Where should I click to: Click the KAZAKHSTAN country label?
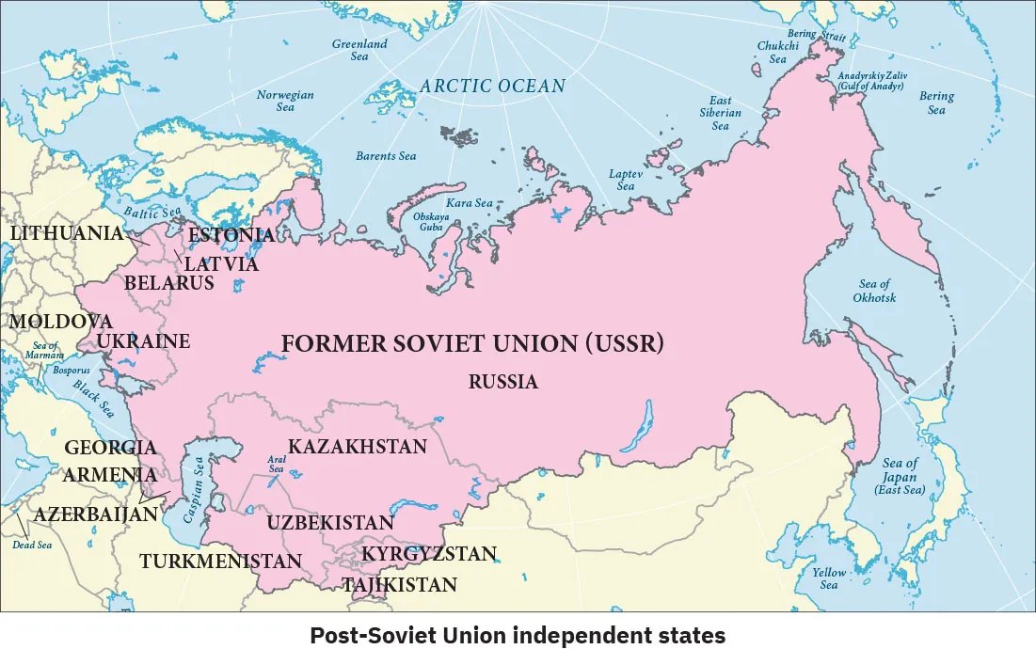click(x=358, y=446)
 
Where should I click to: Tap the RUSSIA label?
click(x=503, y=382)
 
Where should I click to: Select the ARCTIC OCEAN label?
click(x=493, y=86)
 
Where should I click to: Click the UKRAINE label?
click(x=144, y=340)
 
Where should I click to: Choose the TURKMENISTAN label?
click(x=221, y=562)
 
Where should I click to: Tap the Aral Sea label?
click(x=277, y=464)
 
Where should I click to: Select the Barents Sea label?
click(x=386, y=156)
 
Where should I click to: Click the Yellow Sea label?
click(x=829, y=578)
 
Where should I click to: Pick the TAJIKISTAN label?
click(x=400, y=585)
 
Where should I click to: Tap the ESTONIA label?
click(x=232, y=235)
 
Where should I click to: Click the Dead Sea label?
click(x=32, y=545)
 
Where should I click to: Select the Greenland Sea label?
click(x=359, y=50)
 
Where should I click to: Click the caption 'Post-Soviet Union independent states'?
click(x=518, y=636)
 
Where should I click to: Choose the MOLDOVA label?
click(x=61, y=322)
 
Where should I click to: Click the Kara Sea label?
click(x=470, y=202)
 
